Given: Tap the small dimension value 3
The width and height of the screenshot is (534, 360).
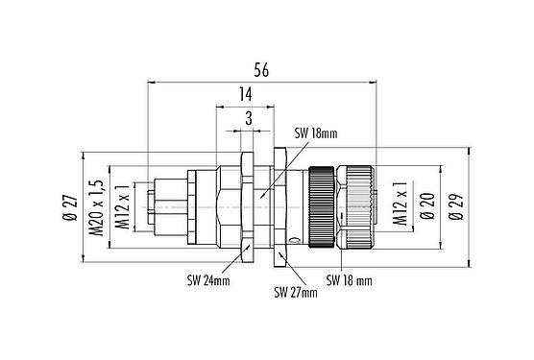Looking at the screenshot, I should coord(249,119).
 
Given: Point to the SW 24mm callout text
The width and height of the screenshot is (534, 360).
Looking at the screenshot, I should coord(208,279).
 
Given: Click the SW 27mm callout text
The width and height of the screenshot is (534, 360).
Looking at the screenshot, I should coord(296,291).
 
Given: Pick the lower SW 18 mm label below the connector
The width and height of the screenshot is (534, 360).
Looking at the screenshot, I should coord(349,279).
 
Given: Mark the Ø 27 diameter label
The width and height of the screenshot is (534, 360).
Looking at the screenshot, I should coord(70,204).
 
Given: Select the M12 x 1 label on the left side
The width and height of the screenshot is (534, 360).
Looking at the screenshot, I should coord(121,204).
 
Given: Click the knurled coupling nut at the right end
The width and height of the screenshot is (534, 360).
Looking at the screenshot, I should coord(360,205).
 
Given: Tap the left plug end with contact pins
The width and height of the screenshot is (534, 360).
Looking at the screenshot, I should coord(163,205).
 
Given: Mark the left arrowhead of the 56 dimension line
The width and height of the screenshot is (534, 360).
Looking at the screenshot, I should coord(151,84).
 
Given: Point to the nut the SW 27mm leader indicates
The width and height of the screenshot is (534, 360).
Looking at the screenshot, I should coord(278,205).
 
